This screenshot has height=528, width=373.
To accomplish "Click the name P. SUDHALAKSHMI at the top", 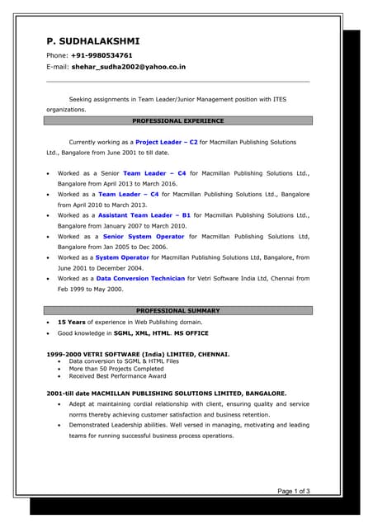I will point(92,41).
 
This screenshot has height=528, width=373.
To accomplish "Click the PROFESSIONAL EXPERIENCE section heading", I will point(178,120).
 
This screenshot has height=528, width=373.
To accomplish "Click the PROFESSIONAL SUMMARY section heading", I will point(178,310).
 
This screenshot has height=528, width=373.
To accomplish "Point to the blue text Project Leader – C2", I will point(166,142).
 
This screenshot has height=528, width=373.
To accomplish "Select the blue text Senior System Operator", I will point(144,236).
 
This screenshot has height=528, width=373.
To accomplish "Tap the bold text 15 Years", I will point(73,322).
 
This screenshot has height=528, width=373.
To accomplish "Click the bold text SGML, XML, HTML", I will point(142,333).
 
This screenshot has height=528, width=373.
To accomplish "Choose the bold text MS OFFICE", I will point(191,333).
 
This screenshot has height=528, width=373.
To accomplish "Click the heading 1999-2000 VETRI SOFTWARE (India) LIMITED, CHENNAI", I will point(138,354).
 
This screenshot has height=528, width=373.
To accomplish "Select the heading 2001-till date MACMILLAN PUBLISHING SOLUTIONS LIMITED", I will point(167,393).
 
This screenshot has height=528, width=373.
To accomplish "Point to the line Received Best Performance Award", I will point(117,376).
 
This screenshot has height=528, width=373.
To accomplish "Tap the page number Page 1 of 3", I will point(293,492).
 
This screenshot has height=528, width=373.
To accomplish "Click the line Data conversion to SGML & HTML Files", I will point(124,361).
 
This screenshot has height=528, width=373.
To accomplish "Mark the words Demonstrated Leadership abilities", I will point(120,425).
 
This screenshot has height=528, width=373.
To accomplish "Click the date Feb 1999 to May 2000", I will point(90,290).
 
